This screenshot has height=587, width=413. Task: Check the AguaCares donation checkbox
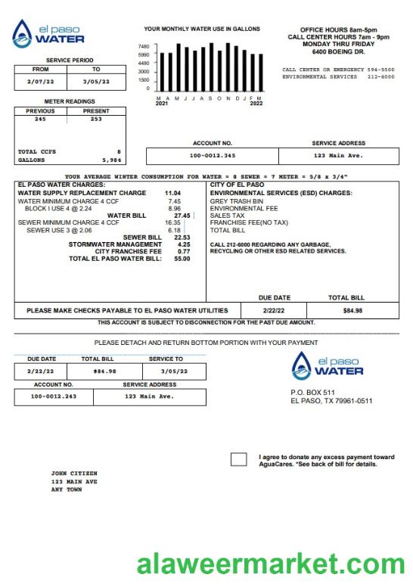pyautogui.click(x=238, y=460)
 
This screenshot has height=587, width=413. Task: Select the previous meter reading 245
pyautogui.click(x=39, y=119)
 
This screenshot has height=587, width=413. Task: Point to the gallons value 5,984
pyautogui.click(x=110, y=160)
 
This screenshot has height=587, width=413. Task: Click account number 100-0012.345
pyautogui.click(x=213, y=156)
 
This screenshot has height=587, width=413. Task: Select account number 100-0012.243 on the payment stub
pyautogui.click(x=54, y=396)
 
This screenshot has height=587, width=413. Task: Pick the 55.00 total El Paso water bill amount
pyautogui.click(x=182, y=259)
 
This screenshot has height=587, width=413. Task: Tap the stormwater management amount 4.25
pyautogui.click(x=183, y=244)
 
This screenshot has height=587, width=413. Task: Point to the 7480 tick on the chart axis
pyautogui.click(x=144, y=46)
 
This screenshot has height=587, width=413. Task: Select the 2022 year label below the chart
pyautogui.click(x=256, y=104)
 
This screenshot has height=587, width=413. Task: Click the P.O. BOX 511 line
pyautogui.click(x=312, y=392)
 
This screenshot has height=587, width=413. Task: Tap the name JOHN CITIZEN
pyautogui.click(x=74, y=474)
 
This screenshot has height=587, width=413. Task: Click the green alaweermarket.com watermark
pyautogui.click(x=271, y=564)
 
